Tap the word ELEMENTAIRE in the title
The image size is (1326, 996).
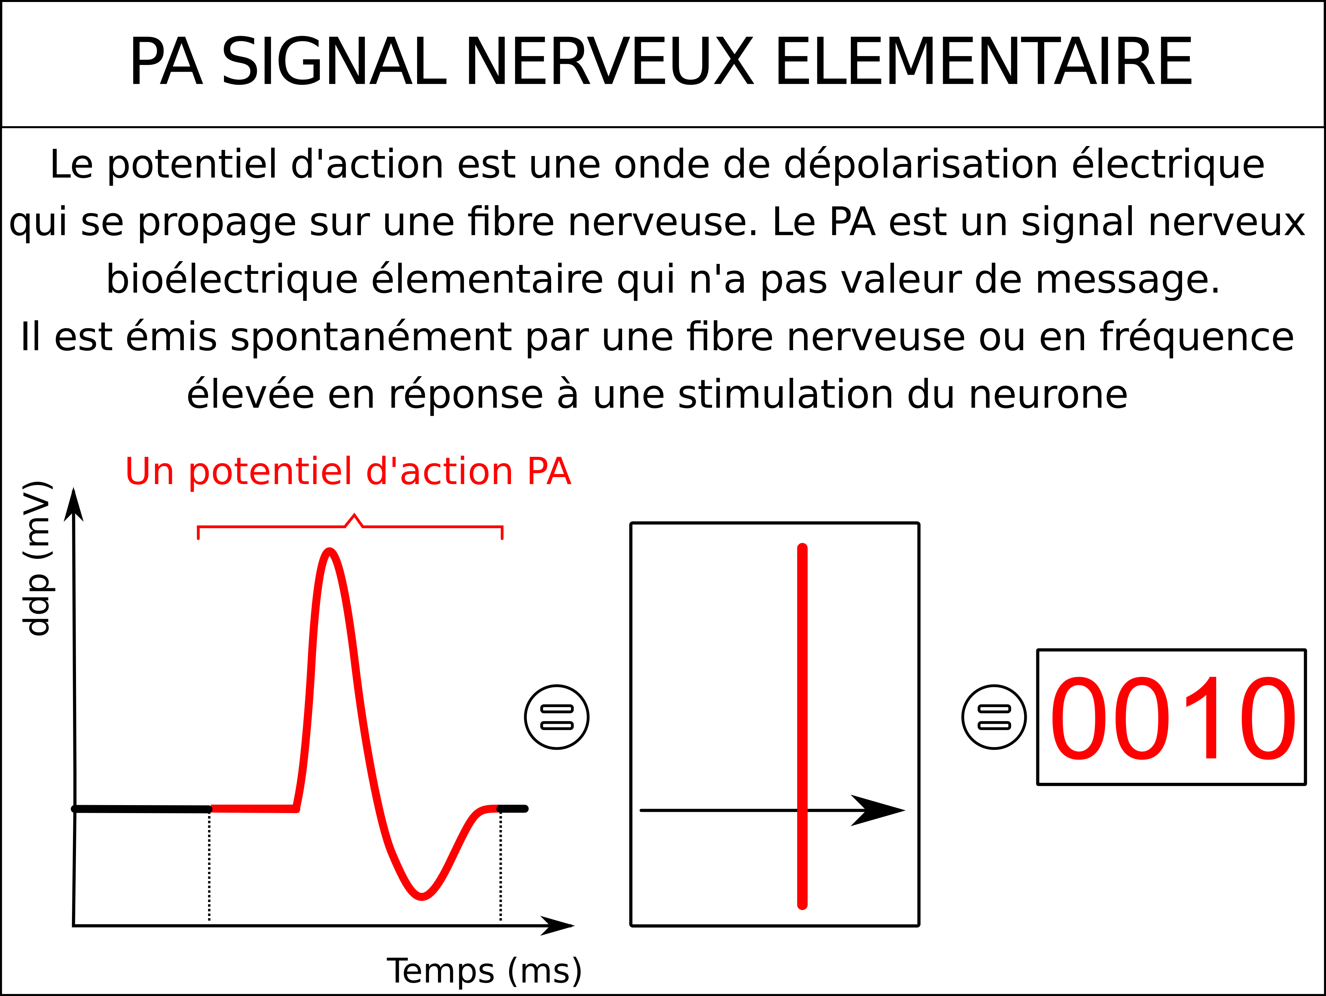(x=983, y=62)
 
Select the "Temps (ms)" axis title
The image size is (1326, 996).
(x=484, y=971)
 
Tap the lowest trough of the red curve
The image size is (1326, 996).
(x=422, y=897)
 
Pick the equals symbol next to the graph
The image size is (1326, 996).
(x=557, y=717)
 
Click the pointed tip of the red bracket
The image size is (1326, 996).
(x=354, y=515)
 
